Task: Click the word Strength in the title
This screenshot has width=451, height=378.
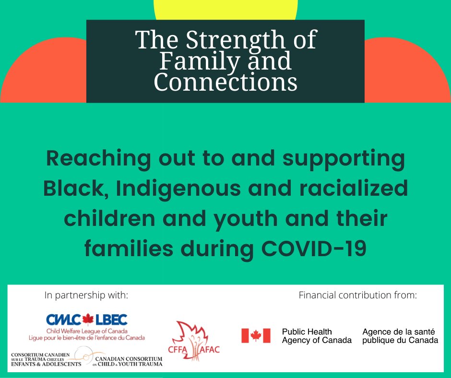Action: (236, 41)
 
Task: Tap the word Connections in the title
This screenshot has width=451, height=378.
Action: (225, 82)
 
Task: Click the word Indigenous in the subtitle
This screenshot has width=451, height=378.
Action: (178, 189)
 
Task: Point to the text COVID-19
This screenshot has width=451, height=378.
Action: (314, 248)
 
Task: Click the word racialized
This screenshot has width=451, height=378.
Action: (354, 188)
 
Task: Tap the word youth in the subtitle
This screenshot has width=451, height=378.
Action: (246, 219)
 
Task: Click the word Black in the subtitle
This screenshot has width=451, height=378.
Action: (76, 189)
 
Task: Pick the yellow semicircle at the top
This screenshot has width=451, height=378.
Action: (226, 10)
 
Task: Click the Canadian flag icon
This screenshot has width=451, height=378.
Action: (256, 336)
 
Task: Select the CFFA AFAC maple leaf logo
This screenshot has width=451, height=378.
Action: (194, 341)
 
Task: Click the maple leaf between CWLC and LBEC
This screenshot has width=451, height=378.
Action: (88, 319)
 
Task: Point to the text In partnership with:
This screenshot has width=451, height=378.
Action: (86, 295)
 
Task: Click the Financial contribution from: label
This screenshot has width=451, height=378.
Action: (358, 295)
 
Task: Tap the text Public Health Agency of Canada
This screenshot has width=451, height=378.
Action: (317, 336)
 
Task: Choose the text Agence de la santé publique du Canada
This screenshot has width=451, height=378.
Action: (400, 336)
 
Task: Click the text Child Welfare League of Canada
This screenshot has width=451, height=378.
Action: (87, 331)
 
